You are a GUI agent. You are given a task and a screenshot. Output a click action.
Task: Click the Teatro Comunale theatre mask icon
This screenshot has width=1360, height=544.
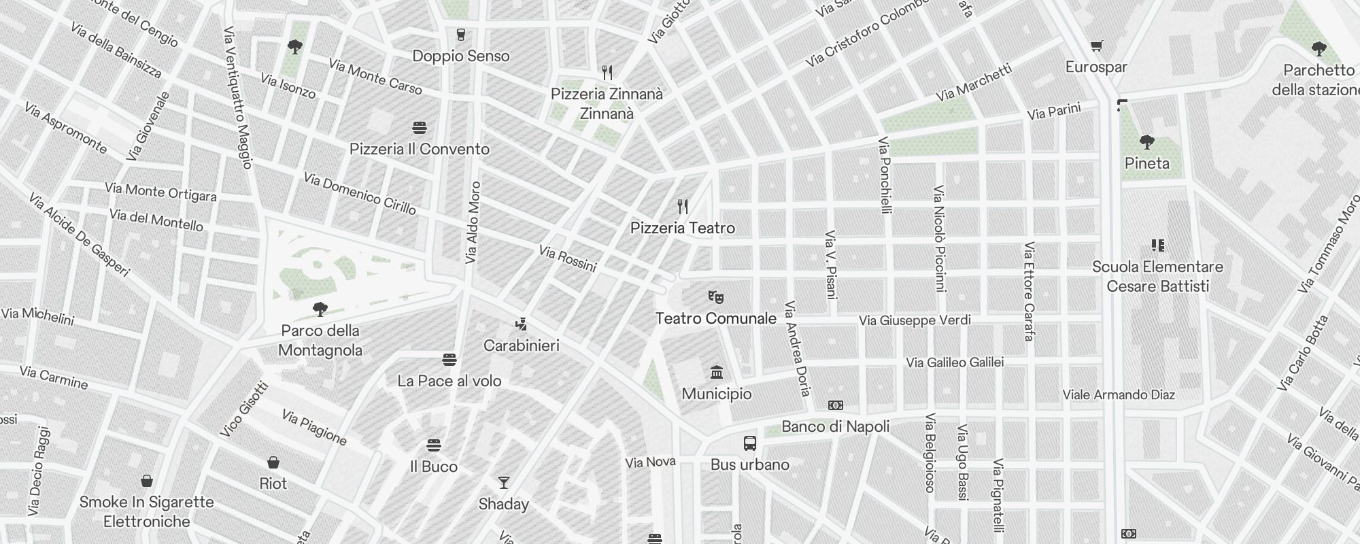click(x=715, y=297)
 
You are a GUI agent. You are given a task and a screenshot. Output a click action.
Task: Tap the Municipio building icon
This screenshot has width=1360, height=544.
click(x=716, y=372)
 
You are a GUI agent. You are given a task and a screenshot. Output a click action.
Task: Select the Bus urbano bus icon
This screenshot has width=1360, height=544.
click(x=750, y=444)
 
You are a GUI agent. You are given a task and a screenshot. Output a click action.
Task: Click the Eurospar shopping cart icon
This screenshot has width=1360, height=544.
click(x=1096, y=46)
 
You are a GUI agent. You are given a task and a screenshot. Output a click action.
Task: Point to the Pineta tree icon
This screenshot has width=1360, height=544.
click(x=1147, y=142)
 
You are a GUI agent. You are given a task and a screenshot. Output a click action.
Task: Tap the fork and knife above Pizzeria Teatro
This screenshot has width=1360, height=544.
click(x=683, y=207)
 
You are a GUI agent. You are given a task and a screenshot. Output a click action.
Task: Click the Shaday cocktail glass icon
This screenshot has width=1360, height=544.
click(x=503, y=483)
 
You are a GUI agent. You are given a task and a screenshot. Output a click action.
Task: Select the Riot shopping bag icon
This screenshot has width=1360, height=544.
click(x=273, y=462)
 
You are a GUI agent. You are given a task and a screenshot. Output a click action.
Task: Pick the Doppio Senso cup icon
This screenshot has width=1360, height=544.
click(x=461, y=35)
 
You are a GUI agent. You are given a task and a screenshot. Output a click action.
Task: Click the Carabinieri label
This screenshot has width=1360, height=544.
click(x=522, y=345)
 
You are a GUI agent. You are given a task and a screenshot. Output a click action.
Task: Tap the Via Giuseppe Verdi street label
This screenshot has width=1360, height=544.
click(x=915, y=320)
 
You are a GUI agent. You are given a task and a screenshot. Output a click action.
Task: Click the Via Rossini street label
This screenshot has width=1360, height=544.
click(x=567, y=258)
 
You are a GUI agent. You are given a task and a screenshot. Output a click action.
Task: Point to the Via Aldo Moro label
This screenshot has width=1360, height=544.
click(x=473, y=222)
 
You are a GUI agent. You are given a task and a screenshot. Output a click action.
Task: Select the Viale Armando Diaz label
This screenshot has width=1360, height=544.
click(x=1119, y=395)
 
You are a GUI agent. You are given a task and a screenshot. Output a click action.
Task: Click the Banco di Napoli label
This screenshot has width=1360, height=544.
click(x=836, y=426)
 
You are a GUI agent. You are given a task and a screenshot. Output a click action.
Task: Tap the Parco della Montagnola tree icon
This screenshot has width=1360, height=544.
click(x=320, y=310)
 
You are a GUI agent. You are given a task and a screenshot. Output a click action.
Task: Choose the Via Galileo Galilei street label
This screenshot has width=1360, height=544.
click(x=955, y=362)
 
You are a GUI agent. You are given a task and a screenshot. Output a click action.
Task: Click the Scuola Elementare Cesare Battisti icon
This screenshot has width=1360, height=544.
click(x=1157, y=245)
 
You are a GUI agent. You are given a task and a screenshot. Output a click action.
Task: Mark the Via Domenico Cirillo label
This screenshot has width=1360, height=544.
click(x=359, y=193)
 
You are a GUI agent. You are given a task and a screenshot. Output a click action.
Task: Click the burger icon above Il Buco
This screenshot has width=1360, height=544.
click(x=434, y=445)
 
